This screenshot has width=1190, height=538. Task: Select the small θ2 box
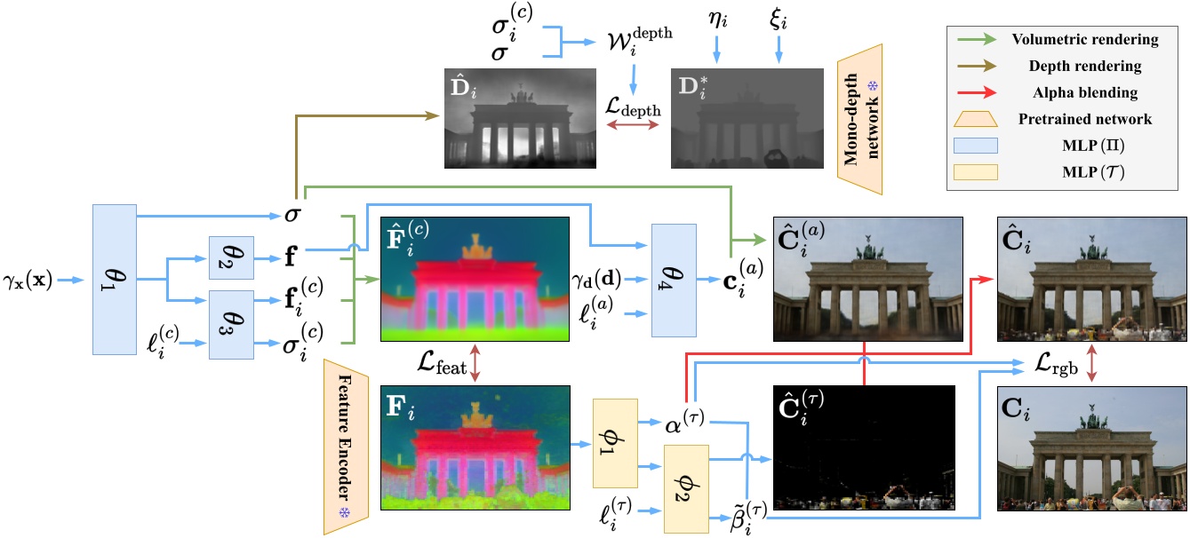(231, 259)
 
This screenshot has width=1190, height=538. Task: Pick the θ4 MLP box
(675, 280)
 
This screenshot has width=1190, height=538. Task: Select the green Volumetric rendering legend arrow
(981, 39)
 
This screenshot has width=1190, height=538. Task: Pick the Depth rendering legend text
(1059, 66)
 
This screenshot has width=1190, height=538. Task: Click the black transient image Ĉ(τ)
(863, 447)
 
